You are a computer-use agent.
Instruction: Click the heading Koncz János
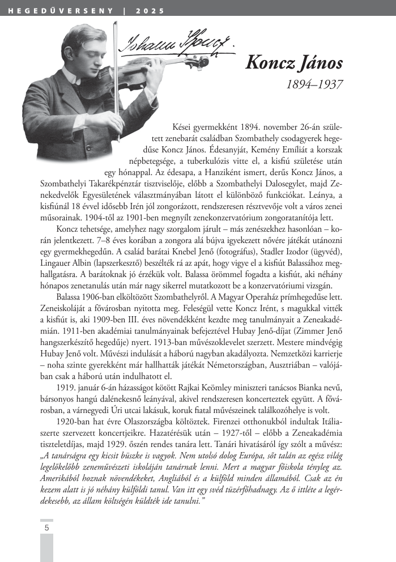coord(294,62)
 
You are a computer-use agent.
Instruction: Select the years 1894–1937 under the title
coord(314,84)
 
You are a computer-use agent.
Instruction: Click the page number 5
coord(46,527)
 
